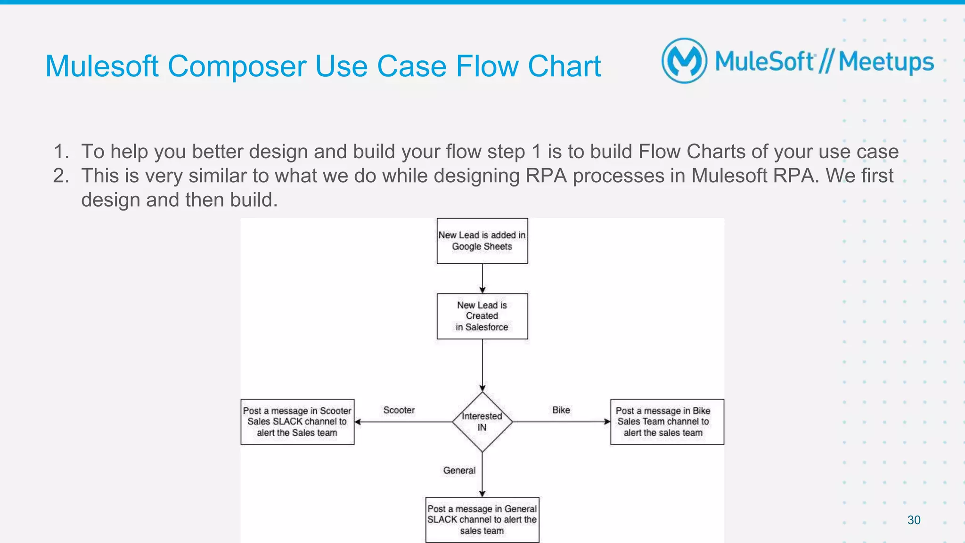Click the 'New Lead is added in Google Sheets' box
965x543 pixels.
coord(482,241)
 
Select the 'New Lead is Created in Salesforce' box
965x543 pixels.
coord(482,316)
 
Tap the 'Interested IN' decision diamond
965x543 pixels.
coord(482,421)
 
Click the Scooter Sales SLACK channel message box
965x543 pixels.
coord(297,421)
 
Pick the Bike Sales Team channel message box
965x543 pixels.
coord(667,421)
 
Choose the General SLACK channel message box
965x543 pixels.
coord(482,519)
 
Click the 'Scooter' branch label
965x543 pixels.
coord(399,410)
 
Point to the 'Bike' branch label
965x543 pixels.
coord(561,410)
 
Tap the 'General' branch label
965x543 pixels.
coord(459,470)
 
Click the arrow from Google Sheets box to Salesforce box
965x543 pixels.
coord(482,278)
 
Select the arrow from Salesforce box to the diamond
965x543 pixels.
coord(482,365)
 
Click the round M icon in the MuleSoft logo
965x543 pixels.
coord(684,61)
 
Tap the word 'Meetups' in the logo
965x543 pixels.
coord(886,62)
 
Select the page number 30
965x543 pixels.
coord(914,520)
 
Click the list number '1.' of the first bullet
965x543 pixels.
coord(61,152)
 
